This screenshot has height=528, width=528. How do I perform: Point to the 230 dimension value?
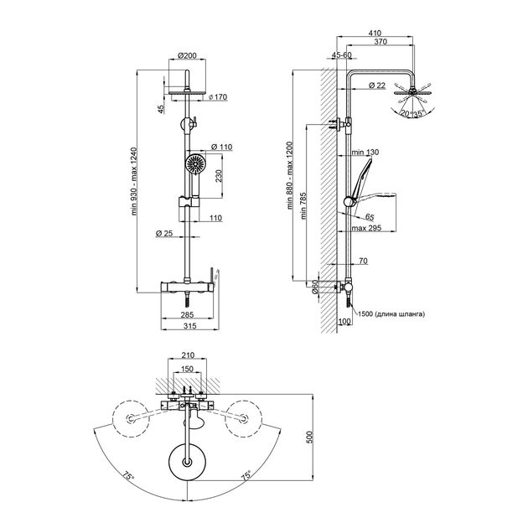click(x=219, y=176)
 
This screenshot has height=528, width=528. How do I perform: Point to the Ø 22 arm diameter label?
click(x=376, y=85)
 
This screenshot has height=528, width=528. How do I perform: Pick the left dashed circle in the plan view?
click(x=129, y=417)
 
